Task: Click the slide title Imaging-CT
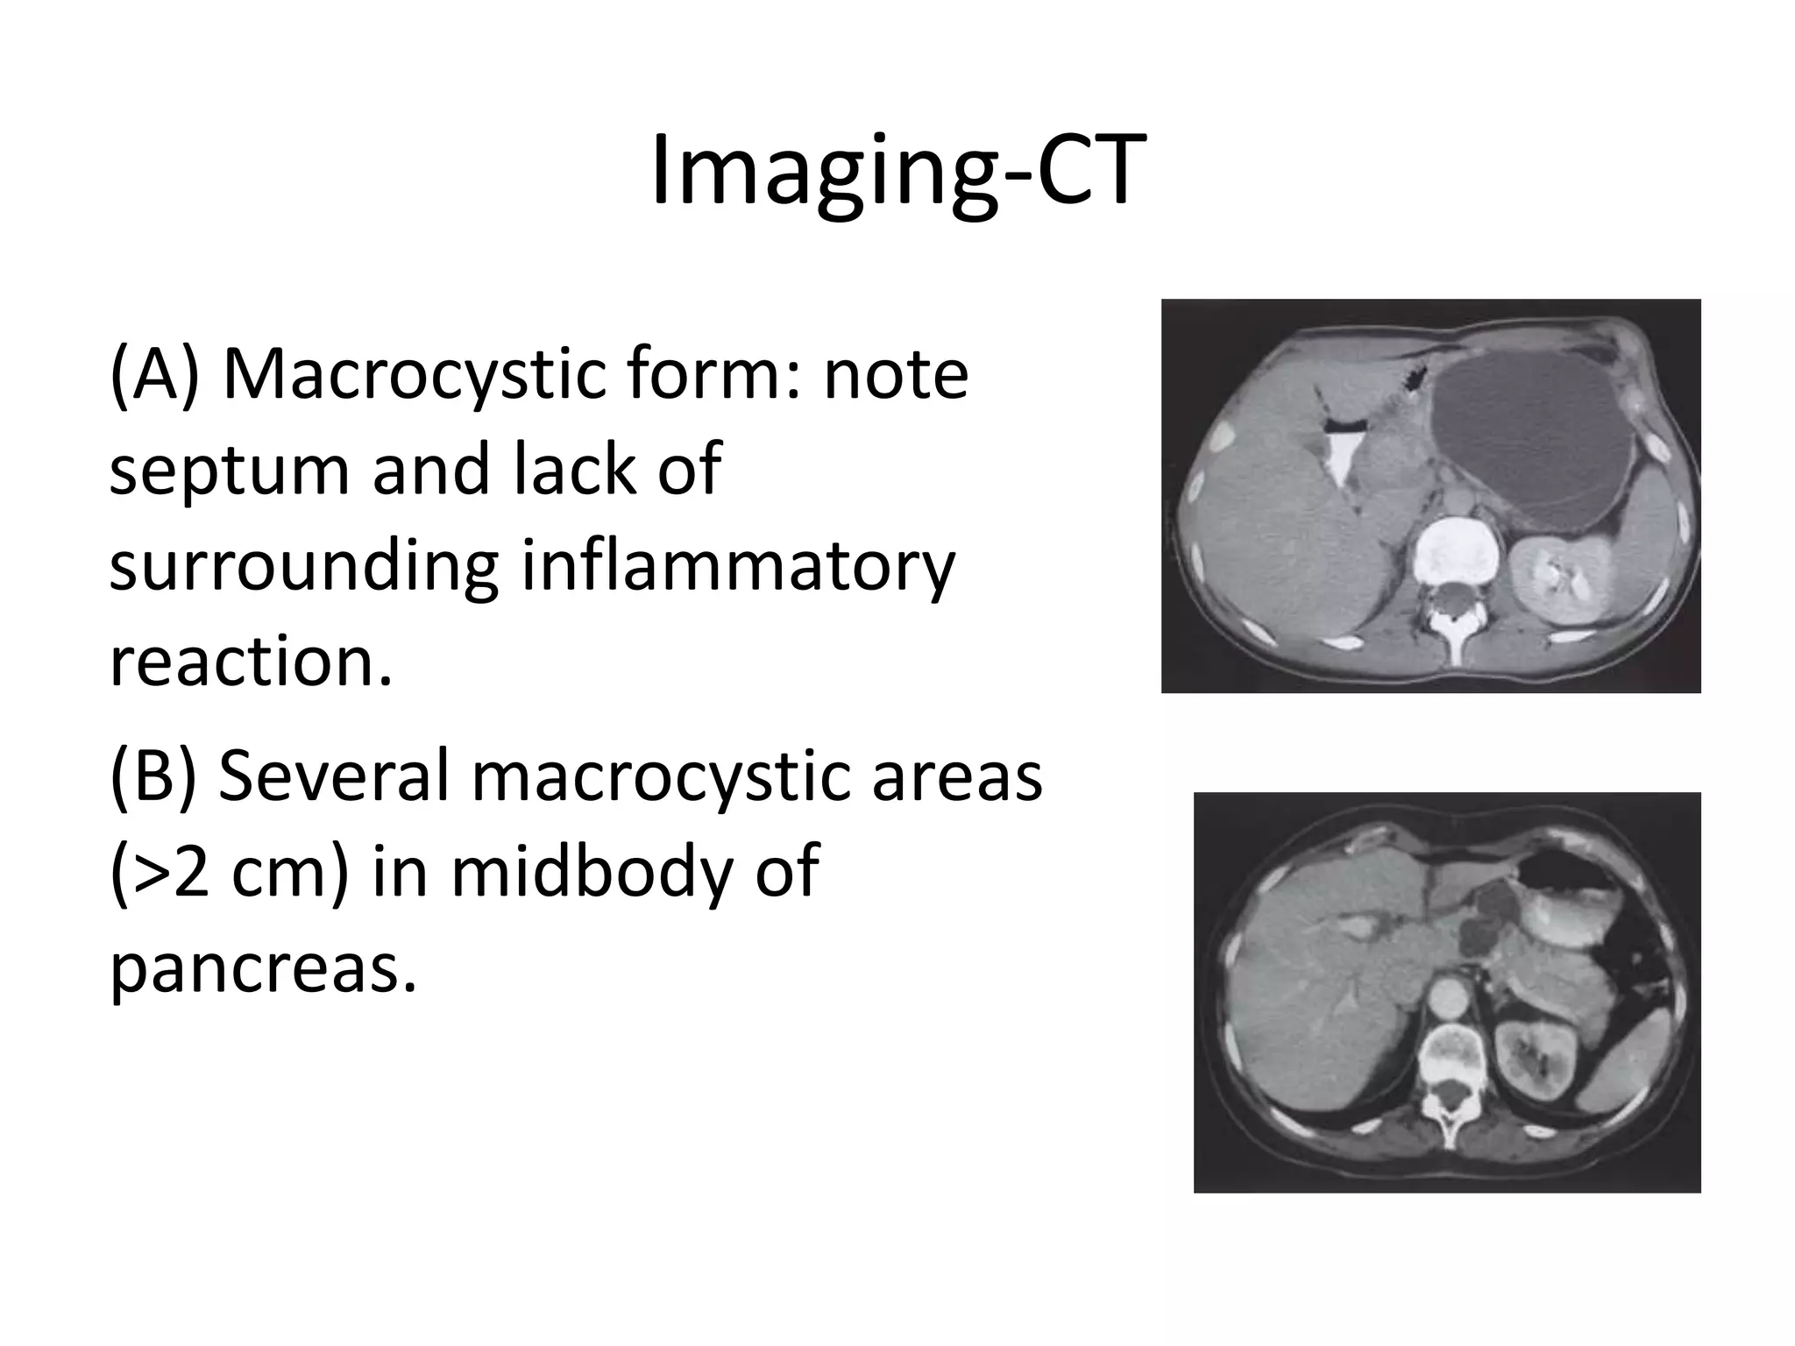pyautogui.click(x=897, y=172)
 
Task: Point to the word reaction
pyautogui.click(x=250, y=661)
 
